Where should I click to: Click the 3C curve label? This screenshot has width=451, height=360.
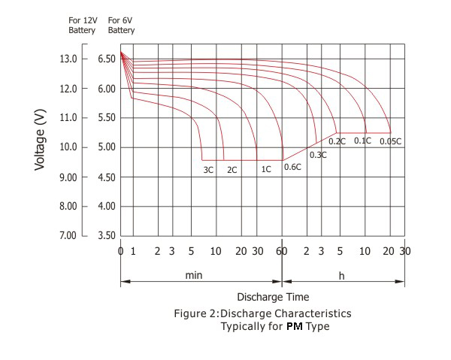[208, 170]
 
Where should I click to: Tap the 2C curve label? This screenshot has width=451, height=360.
[232, 170]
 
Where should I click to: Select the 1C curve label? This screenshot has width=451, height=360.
[266, 170]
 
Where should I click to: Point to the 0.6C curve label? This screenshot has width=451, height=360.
[292, 167]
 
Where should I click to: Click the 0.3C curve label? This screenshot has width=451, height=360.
[318, 155]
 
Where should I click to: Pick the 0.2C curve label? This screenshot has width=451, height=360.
[337, 141]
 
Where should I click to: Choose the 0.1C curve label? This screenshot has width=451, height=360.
[362, 141]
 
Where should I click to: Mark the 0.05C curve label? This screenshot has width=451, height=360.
[390, 141]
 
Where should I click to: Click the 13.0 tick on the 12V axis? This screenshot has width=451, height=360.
[79, 59]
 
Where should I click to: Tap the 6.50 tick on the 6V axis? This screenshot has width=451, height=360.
[107, 59]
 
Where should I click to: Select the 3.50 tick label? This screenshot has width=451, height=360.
[107, 236]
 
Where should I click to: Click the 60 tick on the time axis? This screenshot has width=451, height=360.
[281, 251]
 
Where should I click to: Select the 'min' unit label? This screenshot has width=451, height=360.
[193, 276]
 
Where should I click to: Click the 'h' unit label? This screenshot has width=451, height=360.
[341, 276]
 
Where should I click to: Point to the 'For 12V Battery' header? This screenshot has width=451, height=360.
[82, 26]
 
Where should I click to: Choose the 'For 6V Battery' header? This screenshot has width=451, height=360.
[121, 26]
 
